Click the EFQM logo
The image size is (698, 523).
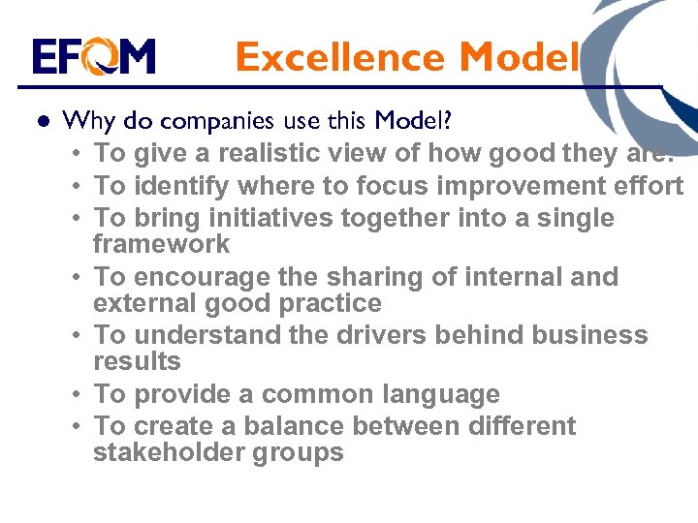coord(93,57)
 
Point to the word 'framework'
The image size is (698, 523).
coord(161,244)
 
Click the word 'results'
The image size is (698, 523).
coord(137,361)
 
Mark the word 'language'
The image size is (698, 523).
coord(442,394)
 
